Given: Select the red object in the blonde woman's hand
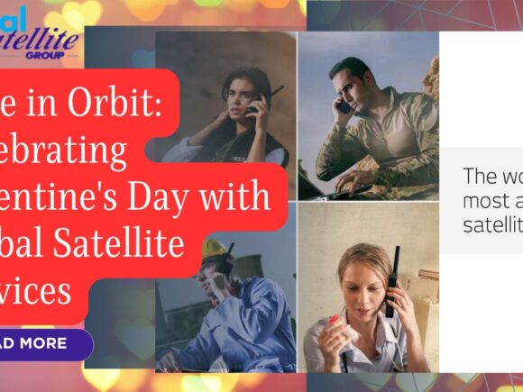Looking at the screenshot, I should pos(335,321).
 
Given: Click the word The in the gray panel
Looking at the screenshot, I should pos(480,176).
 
